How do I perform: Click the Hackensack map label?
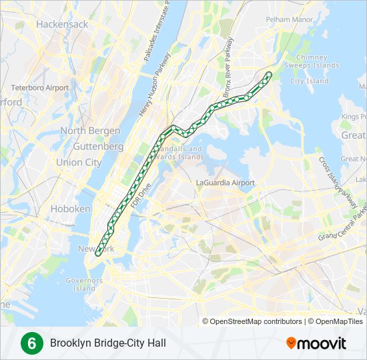point(62,24)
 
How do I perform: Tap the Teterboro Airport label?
point(39,88)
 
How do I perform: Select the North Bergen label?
point(90,131)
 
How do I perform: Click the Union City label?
point(79,162)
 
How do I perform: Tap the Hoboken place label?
point(71,209)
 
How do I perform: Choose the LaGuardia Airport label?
point(226,183)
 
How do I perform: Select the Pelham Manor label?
point(289,20)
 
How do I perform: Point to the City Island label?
point(309,81)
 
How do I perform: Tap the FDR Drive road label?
point(141,195)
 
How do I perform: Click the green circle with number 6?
point(29,343)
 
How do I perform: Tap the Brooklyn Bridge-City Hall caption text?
point(107,343)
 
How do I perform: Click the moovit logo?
point(316,343)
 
